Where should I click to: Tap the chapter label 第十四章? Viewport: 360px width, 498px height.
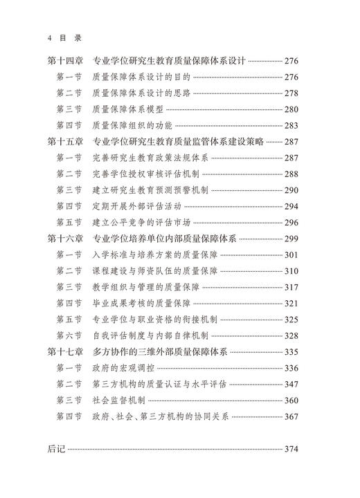point(66,62)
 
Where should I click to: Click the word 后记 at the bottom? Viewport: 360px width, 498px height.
point(56,450)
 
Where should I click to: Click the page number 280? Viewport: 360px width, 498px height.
point(291,109)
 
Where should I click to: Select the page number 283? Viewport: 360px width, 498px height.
point(291,125)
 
